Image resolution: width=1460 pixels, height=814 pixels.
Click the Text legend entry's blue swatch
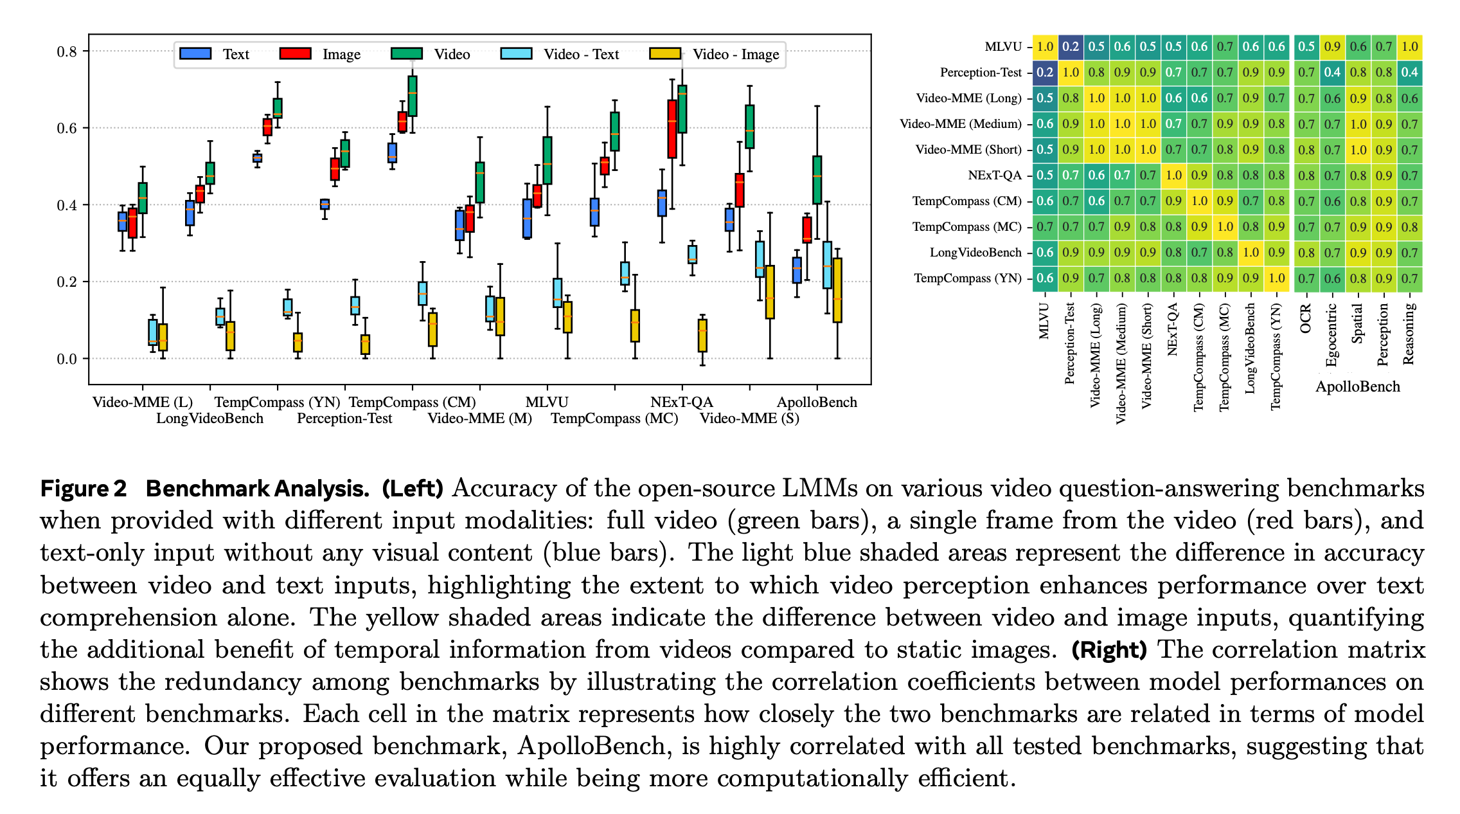point(196,54)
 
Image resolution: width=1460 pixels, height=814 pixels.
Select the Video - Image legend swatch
point(665,54)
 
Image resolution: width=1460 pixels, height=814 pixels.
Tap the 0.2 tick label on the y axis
point(67,282)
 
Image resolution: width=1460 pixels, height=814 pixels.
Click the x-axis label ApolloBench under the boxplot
point(817,402)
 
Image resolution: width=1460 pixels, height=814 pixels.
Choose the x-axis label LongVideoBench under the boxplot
point(209,419)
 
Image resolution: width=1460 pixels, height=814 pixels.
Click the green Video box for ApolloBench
point(817,180)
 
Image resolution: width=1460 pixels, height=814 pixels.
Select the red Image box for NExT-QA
point(672,129)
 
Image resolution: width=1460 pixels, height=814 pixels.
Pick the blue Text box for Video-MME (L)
point(122,222)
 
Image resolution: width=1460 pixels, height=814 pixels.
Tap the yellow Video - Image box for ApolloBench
point(837,290)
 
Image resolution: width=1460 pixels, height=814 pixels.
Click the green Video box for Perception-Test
point(345,154)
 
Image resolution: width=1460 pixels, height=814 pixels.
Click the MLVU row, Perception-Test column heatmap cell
point(1071,47)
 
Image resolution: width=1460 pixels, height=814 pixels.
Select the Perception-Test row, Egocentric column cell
point(1332,73)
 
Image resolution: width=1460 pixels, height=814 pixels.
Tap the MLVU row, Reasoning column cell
point(1409,47)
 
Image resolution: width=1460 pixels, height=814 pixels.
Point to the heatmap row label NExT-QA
point(994,176)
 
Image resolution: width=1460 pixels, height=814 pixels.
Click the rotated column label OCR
point(1305,319)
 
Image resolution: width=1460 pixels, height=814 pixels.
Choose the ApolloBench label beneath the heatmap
point(1357,386)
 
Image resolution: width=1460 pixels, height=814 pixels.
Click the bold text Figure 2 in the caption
point(84,489)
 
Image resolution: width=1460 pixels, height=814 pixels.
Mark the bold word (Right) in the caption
point(1109,650)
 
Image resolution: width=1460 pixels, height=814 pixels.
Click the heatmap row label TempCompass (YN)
point(967,278)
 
